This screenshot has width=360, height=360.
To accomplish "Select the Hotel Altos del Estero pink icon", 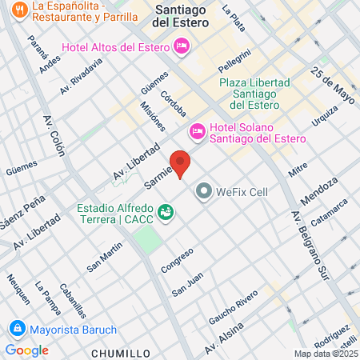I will click(182, 48).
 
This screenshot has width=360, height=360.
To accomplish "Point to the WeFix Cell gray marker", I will click(204, 192).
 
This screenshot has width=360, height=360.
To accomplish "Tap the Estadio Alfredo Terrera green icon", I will click(166, 212).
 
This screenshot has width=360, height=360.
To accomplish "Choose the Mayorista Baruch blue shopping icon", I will click(16, 329).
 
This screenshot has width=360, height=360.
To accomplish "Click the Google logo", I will click(26, 350).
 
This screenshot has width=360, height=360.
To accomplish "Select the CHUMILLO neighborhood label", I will click(122, 352).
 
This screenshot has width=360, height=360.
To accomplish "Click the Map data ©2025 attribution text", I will click(326, 354).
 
